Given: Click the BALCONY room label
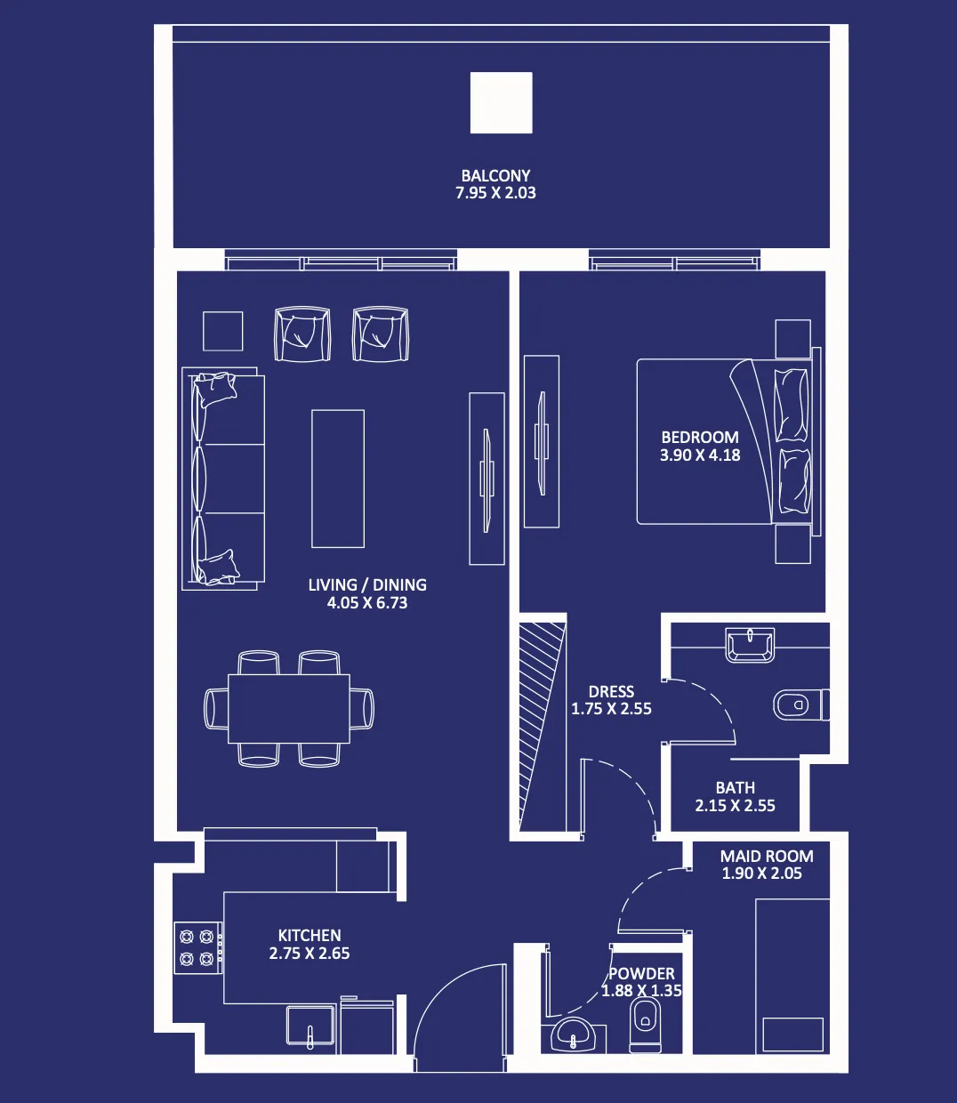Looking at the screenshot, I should [495, 176].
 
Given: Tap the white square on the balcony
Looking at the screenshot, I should [501, 103].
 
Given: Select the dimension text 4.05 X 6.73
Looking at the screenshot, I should [366, 603].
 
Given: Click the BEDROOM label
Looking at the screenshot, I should [700, 438].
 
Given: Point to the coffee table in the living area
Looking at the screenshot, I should [337, 479].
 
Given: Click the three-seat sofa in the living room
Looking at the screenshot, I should [223, 479].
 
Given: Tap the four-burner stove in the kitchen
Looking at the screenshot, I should [197, 947].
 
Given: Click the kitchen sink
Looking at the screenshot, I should [310, 1027].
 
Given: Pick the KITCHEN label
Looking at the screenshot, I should [310, 936].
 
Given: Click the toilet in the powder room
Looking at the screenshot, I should [645, 1024].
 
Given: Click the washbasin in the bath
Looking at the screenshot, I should [750, 645].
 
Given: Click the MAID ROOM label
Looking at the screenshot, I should [766, 857].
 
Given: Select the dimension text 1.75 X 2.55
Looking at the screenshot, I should [611, 710].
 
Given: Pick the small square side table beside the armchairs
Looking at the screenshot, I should [222, 331].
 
